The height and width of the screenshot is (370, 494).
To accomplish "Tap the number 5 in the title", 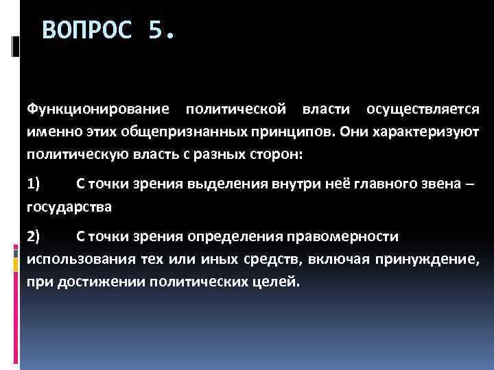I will (x=156, y=30).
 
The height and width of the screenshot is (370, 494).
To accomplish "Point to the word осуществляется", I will (x=423, y=109).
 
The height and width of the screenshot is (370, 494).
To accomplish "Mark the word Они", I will (x=352, y=131).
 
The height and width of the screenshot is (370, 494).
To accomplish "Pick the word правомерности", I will (x=351, y=236).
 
